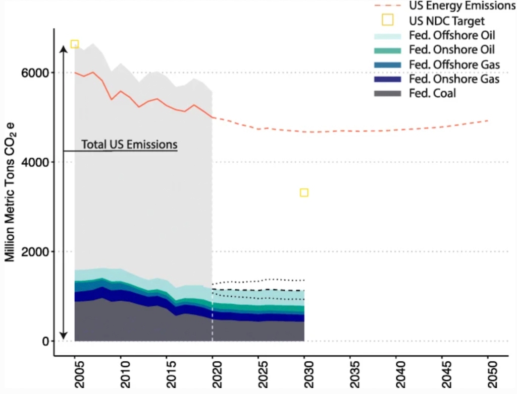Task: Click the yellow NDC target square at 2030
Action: pyautogui.click(x=304, y=192)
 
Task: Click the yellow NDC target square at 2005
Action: pyautogui.click(x=75, y=44)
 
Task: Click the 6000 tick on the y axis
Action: pyautogui.click(x=38, y=73)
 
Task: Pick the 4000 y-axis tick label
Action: pyautogui.click(x=38, y=162)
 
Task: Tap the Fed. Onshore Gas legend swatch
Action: pyautogui.click(x=387, y=79)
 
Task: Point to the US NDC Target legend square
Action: pyautogui.click(x=387, y=21)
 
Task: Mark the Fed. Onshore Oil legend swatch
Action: pyautogui.click(x=387, y=50)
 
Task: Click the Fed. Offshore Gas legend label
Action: pyautogui.click(x=454, y=64)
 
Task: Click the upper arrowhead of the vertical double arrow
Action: pyautogui.click(x=64, y=48)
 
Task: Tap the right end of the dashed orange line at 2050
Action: pyautogui.click(x=488, y=120)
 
